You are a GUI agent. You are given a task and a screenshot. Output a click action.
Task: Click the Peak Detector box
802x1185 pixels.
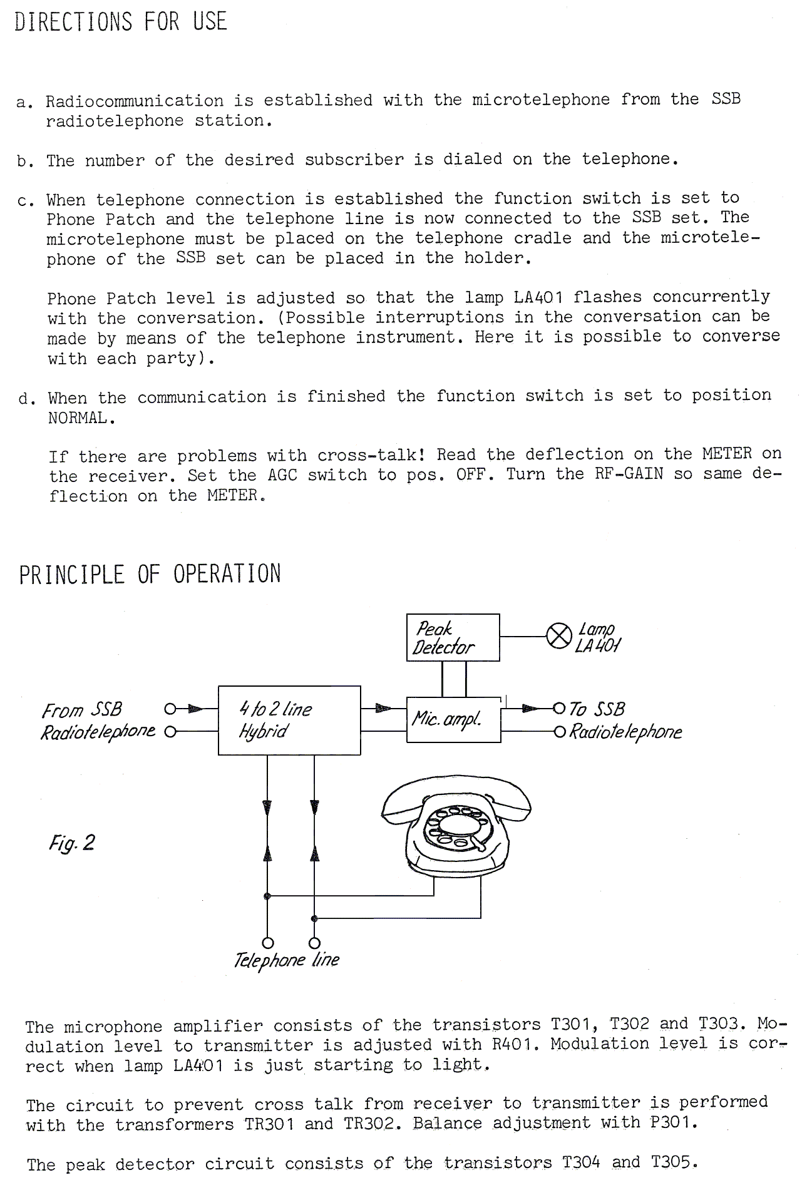tap(453, 637)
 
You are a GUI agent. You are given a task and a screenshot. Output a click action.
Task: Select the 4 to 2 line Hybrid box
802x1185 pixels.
tap(289, 720)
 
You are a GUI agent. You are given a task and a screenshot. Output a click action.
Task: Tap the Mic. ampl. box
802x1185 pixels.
tap(453, 719)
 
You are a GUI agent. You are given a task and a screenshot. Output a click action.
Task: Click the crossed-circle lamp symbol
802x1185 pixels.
tap(559, 637)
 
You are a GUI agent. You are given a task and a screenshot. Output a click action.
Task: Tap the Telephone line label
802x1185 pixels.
tap(286, 960)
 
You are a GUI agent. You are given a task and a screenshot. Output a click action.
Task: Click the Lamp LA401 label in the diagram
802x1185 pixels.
tap(598, 637)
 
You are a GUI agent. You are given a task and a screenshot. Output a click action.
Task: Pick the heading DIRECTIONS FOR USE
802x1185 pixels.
tap(120, 22)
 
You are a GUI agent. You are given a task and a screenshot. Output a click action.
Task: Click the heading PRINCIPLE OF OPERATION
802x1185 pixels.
tap(150, 574)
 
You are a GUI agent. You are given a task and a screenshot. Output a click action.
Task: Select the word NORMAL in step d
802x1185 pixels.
tap(81, 418)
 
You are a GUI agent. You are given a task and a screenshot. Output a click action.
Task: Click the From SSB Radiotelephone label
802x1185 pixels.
tap(97, 721)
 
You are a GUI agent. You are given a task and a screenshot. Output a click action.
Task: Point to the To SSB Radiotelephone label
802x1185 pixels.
tap(624, 720)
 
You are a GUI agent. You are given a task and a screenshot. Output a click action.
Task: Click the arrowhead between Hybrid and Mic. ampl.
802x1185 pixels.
tap(383, 709)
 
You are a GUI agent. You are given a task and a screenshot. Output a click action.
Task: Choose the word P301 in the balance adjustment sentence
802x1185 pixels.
tap(672, 1122)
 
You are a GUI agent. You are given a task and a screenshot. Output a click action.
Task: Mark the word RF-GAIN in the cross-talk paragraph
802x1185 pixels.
tap(630, 474)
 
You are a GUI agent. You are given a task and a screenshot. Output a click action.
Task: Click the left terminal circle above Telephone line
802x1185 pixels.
tap(267, 943)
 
